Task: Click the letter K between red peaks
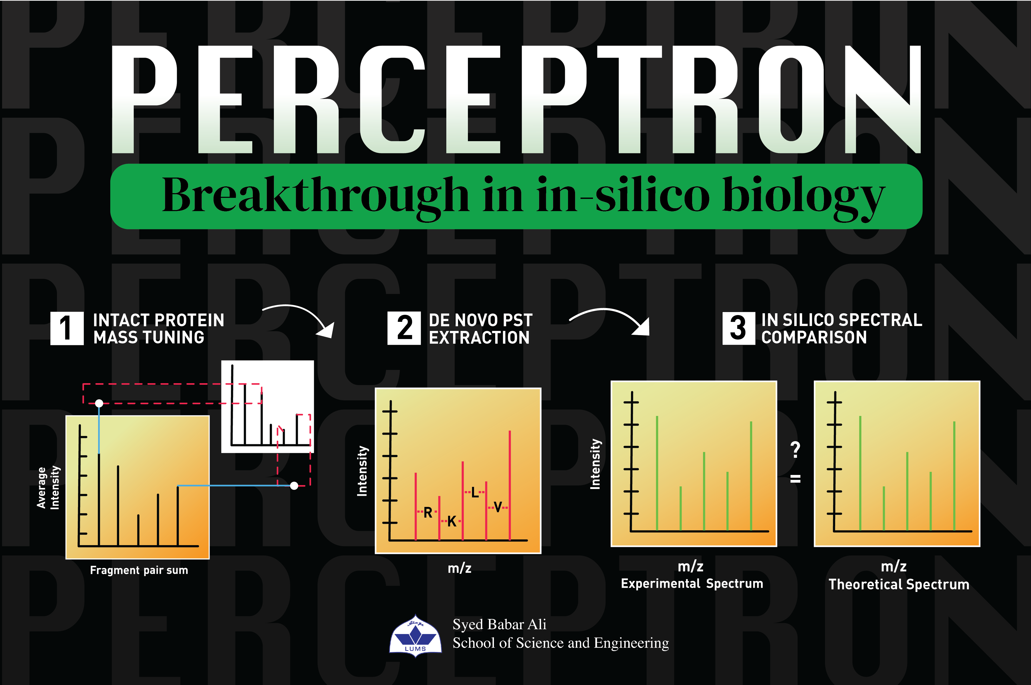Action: click(452, 521)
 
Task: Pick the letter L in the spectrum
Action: click(475, 493)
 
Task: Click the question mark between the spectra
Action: click(796, 449)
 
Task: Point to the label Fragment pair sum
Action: click(139, 570)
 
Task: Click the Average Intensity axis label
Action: click(48, 487)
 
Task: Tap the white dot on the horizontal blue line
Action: click(294, 485)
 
